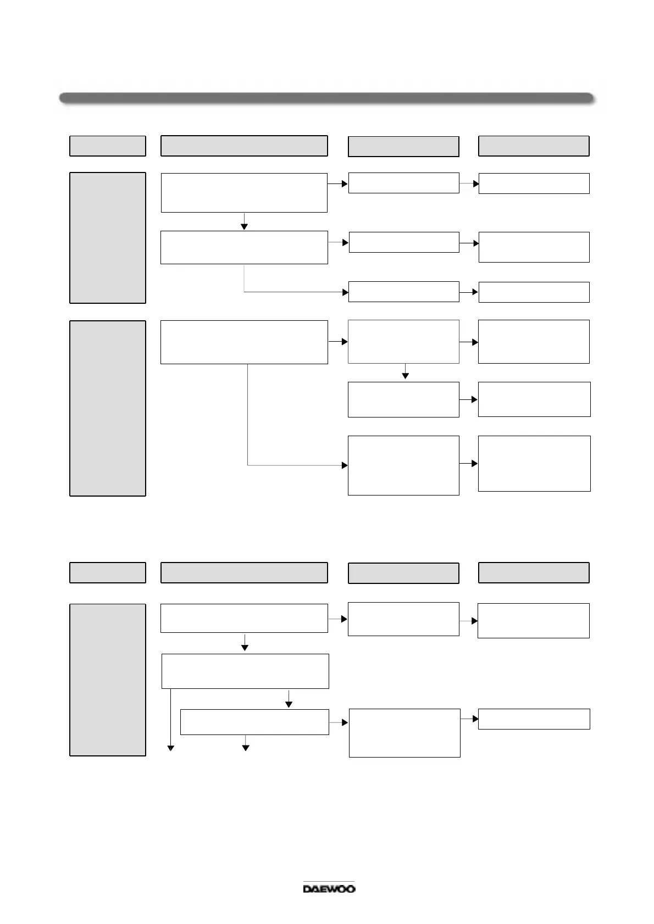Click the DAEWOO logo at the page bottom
click(329, 888)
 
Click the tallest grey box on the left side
click(108, 408)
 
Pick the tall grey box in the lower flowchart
click(108, 680)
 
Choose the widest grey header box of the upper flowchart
click(244, 146)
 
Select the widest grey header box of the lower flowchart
click(244, 572)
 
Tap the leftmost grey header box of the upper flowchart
click(108, 146)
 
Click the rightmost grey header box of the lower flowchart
click(534, 572)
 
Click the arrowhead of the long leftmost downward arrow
click(171, 747)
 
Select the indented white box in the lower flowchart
click(254, 722)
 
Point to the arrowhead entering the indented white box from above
click(289, 704)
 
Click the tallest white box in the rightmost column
click(534, 463)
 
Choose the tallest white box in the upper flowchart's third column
click(403, 465)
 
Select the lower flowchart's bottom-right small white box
click(534, 719)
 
